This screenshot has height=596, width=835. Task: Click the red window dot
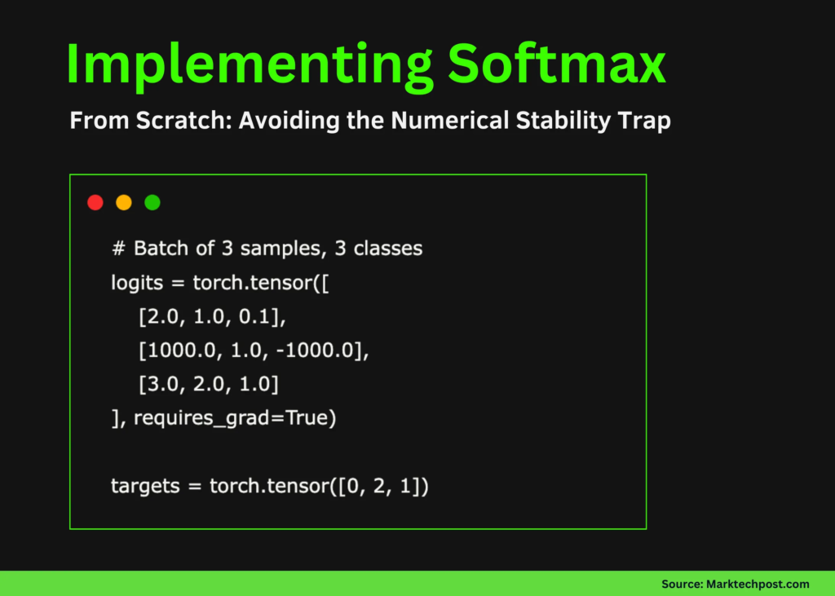pos(95,202)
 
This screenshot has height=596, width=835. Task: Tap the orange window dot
pos(124,202)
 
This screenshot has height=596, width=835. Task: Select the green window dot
pos(152,202)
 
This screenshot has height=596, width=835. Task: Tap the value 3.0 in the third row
pos(160,386)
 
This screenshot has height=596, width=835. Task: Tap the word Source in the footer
pos(681,584)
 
